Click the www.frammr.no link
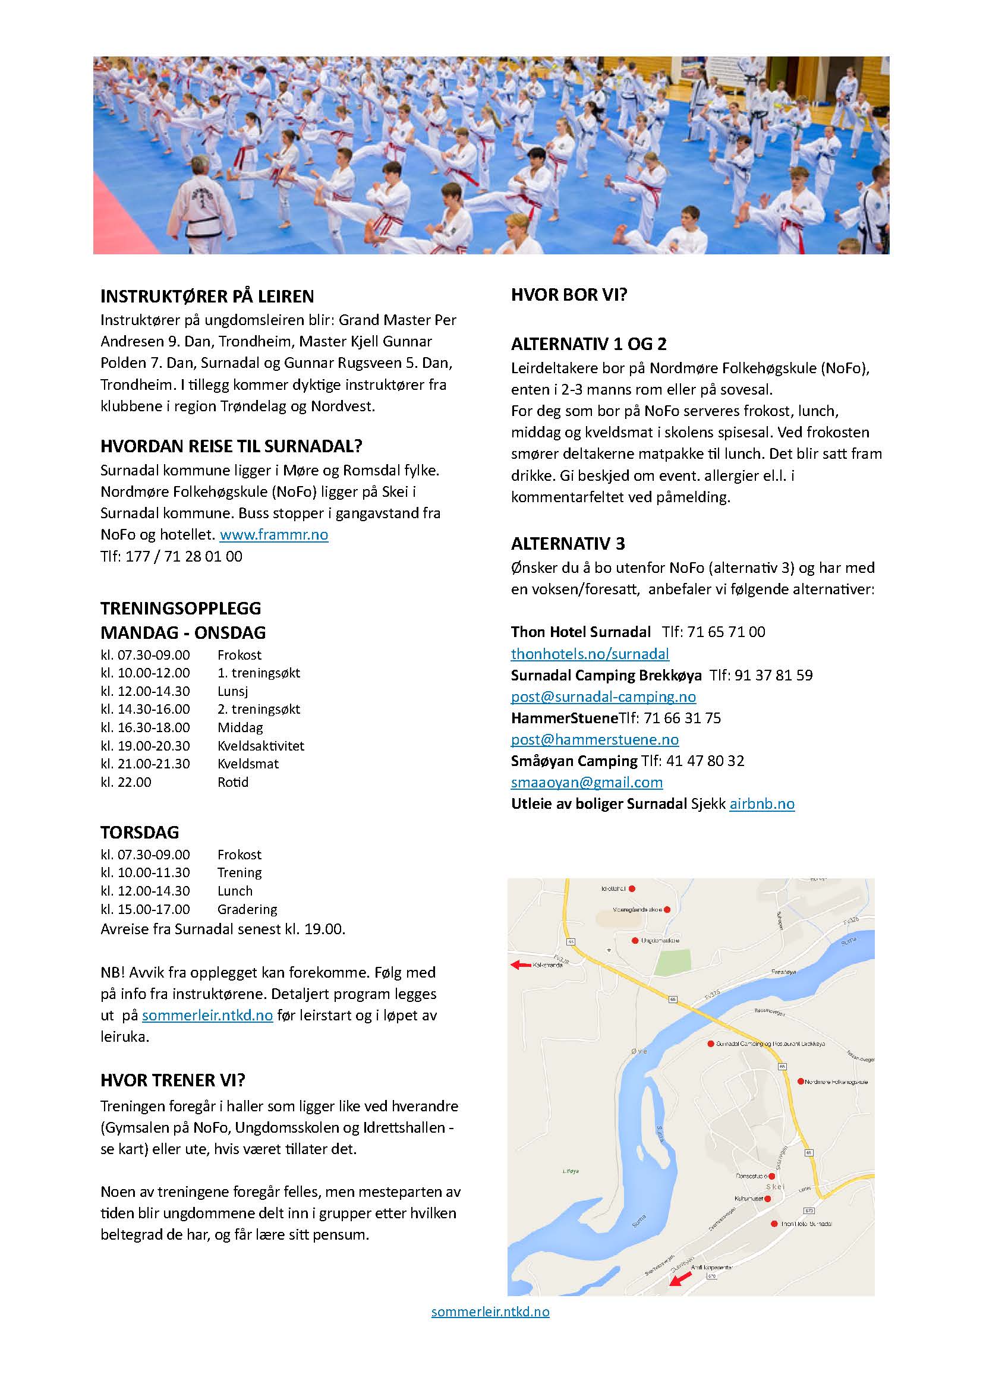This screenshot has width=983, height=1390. coord(273,535)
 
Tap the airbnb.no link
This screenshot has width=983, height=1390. coord(761,804)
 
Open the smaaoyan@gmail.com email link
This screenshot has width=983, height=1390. coord(587,782)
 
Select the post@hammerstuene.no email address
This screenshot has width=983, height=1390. coord(594,739)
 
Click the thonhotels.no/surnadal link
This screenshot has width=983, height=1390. coord(590,654)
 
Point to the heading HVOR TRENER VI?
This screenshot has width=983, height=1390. coord(173,1080)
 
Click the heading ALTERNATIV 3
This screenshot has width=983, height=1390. coord(568,544)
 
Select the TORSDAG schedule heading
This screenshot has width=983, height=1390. coord(140,833)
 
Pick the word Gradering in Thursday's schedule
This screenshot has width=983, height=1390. coord(247,909)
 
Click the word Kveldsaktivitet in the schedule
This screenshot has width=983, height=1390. coord(261,746)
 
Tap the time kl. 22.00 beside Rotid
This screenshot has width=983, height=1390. coord(126,782)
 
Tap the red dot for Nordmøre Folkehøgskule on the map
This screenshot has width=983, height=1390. coord(800,1081)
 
